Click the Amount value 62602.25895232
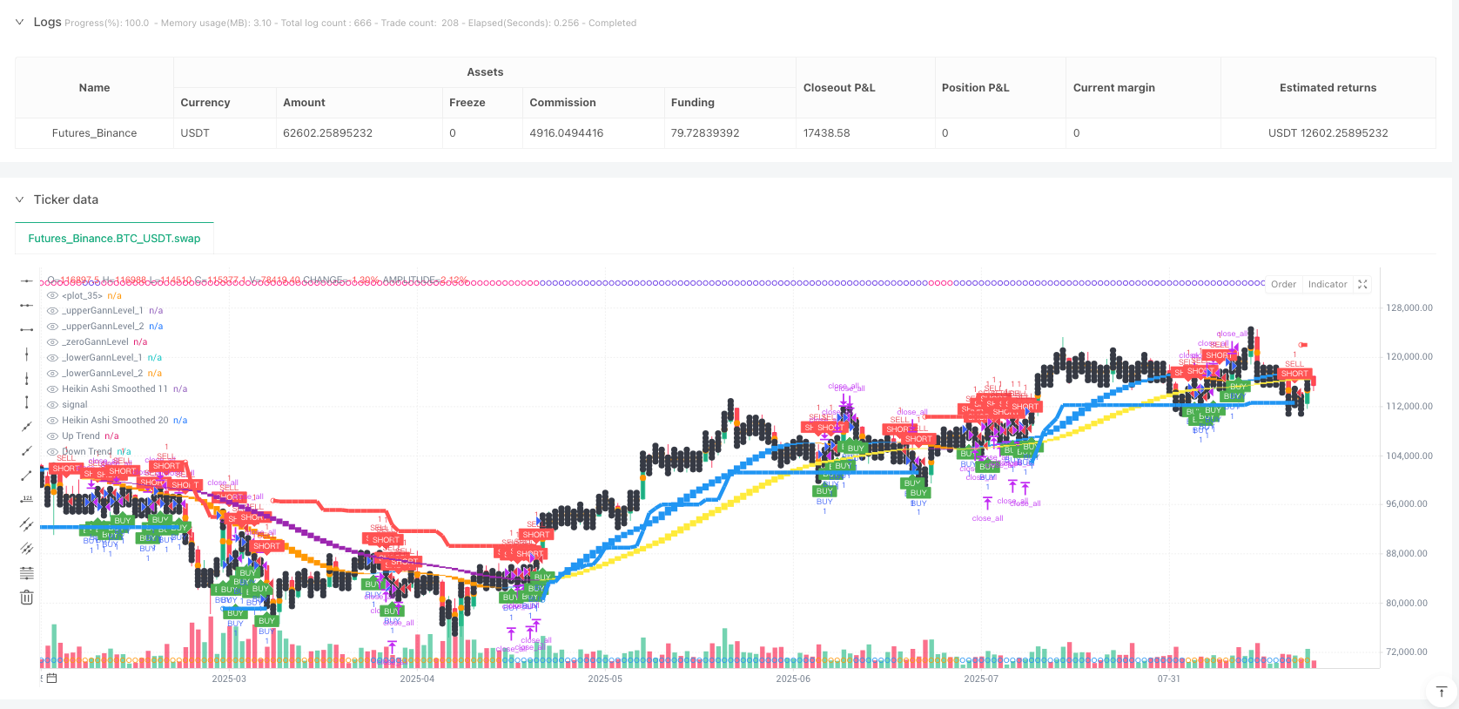327,133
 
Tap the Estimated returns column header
1328,88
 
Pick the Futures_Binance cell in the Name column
94,133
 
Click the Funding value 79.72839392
704,133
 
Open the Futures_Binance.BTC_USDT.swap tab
114,238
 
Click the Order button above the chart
1283,284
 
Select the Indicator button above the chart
1328,284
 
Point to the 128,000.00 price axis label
1409,308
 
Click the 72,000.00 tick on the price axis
1409,652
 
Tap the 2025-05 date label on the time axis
605,679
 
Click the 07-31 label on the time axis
1168,679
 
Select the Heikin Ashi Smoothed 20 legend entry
115,420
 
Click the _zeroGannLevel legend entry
95,341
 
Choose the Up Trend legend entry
81,436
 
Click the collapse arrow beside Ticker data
20,199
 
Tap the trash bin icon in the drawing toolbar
27,598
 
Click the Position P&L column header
975,88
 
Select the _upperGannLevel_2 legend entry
103,326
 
